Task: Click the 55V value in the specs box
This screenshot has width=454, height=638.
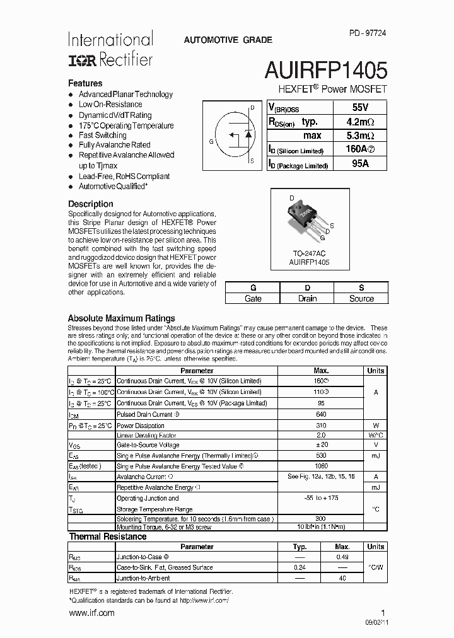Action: (359, 108)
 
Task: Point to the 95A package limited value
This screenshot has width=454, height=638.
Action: (359, 164)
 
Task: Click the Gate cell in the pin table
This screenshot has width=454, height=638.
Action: (253, 299)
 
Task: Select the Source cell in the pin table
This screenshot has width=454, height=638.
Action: (361, 299)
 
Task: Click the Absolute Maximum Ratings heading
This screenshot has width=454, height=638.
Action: (121, 318)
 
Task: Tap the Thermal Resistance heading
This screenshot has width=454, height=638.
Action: (107, 536)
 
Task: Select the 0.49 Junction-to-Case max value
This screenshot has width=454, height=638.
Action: (342, 557)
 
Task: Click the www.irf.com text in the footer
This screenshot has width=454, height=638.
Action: (91, 613)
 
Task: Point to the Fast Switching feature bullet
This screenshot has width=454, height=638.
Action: (102, 135)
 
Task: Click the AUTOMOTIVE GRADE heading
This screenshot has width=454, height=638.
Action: (228, 40)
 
